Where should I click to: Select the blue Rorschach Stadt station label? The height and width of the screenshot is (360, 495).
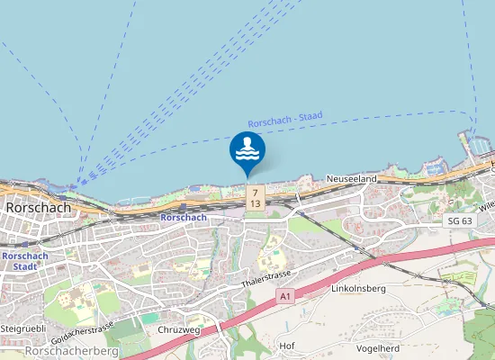pyautogui.click(x=19, y=261)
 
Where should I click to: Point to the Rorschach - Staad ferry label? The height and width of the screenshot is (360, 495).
pyautogui.click(x=284, y=121)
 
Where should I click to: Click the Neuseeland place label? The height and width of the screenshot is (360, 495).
pyautogui.click(x=351, y=180)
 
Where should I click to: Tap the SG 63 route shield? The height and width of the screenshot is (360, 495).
pyautogui.click(x=458, y=220)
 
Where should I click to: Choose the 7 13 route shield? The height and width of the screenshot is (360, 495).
pyautogui.click(x=256, y=198)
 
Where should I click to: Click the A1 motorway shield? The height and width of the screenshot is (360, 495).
pyautogui.click(x=286, y=295)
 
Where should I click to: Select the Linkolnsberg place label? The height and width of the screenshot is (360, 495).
pyautogui.click(x=358, y=289)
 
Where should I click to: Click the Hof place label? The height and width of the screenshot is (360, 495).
pyautogui.click(x=287, y=346)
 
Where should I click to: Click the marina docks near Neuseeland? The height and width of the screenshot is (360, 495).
pyautogui.click(x=476, y=145)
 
